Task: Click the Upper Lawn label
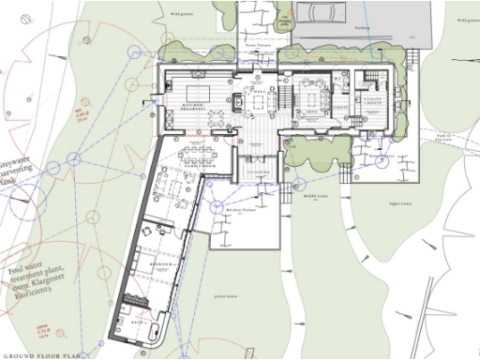click(401, 203)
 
